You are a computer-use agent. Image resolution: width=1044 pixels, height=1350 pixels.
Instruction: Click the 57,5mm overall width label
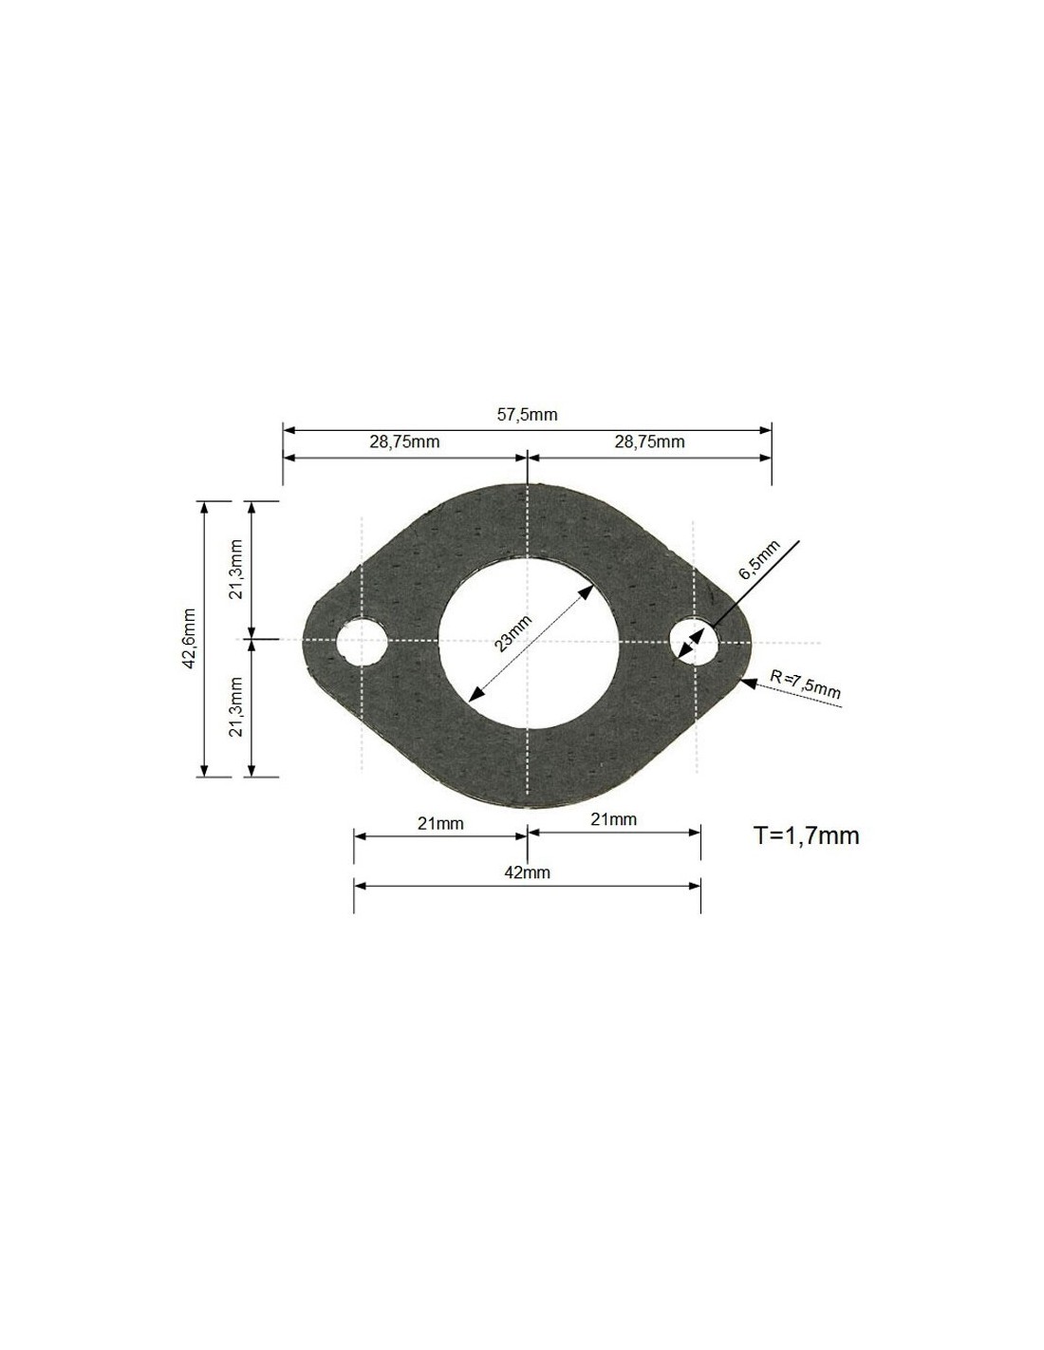pyautogui.click(x=527, y=414)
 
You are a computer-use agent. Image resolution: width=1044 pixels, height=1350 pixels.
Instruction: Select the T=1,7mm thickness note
pyautogui.click(x=806, y=835)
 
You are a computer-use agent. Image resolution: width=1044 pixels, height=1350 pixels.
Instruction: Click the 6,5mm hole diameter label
pyautogui.click(x=759, y=560)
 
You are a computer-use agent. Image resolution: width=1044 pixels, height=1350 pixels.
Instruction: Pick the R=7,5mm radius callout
pyautogui.click(x=805, y=684)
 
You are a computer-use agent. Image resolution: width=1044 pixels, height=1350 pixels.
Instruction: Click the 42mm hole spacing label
pyautogui.click(x=527, y=872)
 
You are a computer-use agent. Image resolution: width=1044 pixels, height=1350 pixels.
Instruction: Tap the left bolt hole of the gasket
pyautogui.click(x=362, y=641)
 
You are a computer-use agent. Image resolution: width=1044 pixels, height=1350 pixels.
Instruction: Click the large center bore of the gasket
pyautogui.click(x=529, y=642)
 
